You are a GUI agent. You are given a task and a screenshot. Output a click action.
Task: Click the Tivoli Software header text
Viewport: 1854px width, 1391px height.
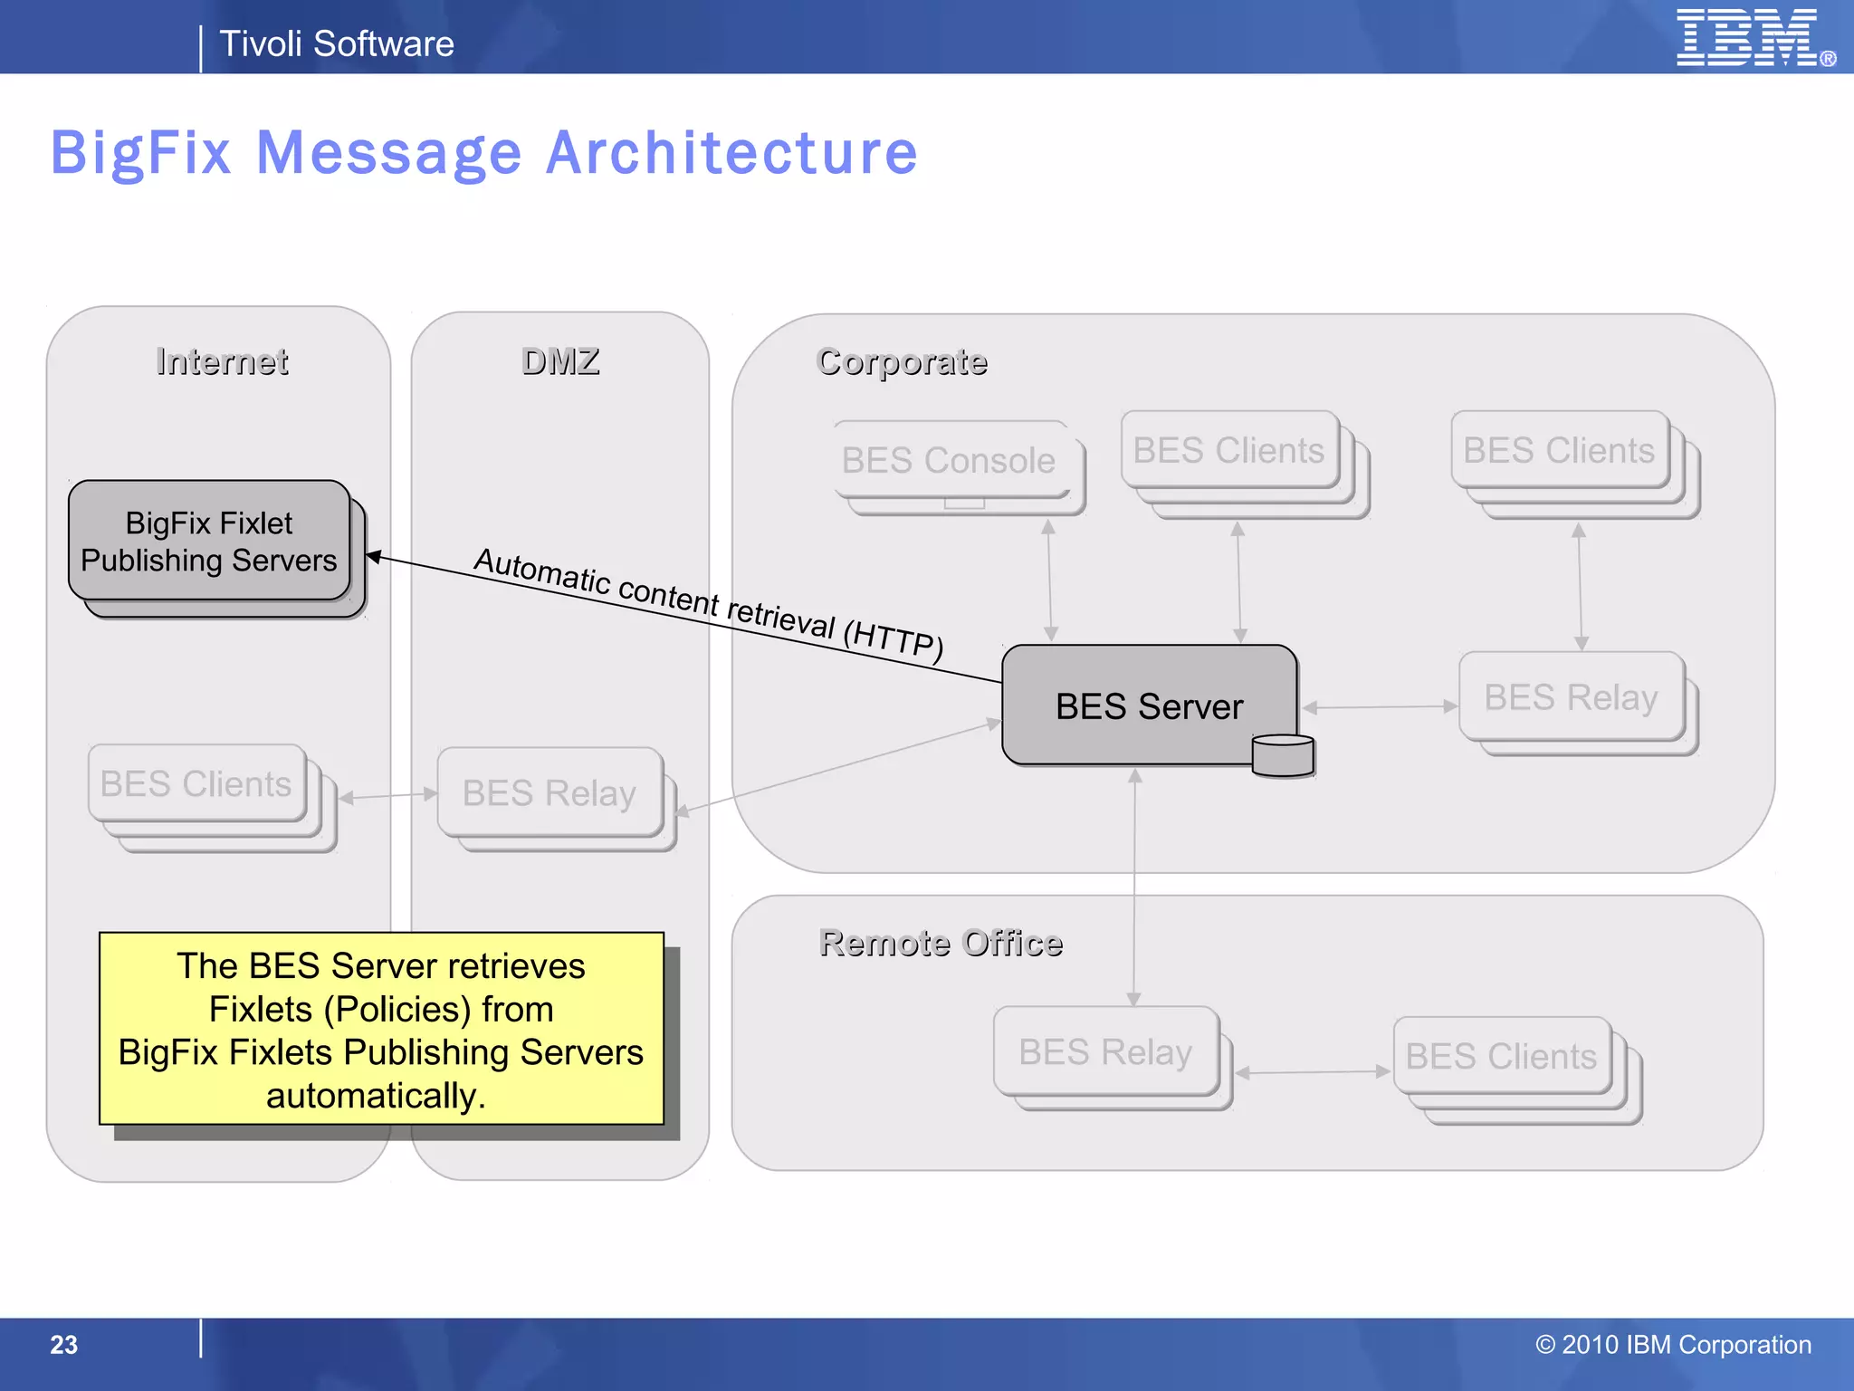pyautogui.click(x=336, y=43)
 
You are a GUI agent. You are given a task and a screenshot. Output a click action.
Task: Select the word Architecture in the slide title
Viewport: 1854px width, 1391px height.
pyautogui.click(x=731, y=152)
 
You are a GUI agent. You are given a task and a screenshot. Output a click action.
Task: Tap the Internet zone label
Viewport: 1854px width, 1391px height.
pyautogui.click(x=222, y=361)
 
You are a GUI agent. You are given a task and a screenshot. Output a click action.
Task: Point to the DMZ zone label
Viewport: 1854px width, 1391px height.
pyautogui.click(x=560, y=361)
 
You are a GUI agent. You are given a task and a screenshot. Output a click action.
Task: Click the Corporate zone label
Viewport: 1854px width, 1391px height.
pyautogui.click(x=902, y=361)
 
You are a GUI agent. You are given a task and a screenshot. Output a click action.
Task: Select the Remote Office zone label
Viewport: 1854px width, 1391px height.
pyautogui.click(x=941, y=943)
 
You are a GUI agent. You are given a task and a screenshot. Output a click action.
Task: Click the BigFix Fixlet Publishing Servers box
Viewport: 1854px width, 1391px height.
pyautogui.click(x=209, y=542)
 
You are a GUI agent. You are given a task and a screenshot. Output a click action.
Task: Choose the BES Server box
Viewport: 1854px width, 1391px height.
pyautogui.click(x=1149, y=705)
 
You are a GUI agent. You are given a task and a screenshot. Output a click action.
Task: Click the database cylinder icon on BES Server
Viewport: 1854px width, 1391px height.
pyautogui.click(x=1283, y=755)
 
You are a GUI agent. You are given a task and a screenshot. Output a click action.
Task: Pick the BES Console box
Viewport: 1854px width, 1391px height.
pyautogui.click(x=949, y=460)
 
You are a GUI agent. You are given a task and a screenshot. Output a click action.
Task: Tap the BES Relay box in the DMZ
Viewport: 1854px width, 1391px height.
pyautogui.click(x=550, y=792)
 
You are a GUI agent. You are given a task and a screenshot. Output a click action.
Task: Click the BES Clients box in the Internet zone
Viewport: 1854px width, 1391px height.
pyautogui.click(x=196, y=783)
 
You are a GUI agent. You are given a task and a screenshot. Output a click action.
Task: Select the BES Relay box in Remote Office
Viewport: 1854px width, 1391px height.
pyautogui.click(x=1105, y=1051)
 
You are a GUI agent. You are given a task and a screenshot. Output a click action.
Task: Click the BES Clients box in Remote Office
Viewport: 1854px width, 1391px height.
pyautogui.click(x=1501, y=1056)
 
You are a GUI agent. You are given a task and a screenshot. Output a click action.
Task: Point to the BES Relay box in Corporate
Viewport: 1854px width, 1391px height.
pyautogui.click(x=1571, y=697)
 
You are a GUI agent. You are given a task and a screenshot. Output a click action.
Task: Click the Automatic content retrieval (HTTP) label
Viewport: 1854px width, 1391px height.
pyautogui.click(x=709, y=602)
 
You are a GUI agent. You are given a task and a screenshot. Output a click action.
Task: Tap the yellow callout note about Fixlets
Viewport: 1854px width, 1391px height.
pyautogui.click(x=381, y=1030)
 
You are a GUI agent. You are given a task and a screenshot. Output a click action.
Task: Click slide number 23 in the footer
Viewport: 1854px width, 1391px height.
pyautogui.click(x=63, y=1345)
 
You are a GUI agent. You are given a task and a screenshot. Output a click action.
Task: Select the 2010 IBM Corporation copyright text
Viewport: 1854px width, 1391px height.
pyautogui.click(x=1673, y=1345)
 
